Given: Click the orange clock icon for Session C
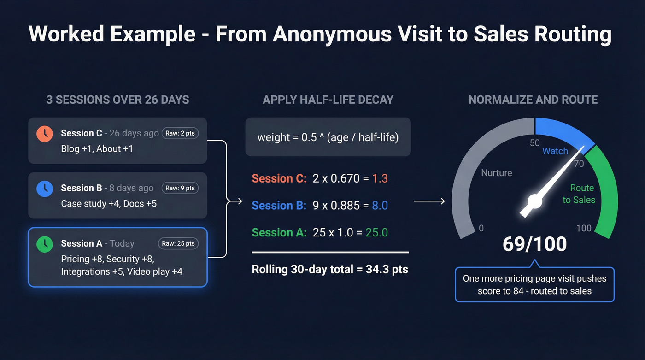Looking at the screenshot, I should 45,134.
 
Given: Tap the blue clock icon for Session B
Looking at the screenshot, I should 45,188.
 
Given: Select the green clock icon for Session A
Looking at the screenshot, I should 45,244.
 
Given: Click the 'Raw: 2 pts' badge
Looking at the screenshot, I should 180,134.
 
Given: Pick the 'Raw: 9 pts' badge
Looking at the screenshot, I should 180,188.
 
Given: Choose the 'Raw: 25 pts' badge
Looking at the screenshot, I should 178,243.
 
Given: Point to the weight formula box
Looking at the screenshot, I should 328,137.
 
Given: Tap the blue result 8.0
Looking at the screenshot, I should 380,206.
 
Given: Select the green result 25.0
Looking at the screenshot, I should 376,233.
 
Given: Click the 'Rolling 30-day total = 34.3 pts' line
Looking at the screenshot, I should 330,269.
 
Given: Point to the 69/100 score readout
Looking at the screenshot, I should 534,244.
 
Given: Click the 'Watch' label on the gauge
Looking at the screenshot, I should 555,151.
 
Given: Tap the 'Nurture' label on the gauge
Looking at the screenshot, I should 497,173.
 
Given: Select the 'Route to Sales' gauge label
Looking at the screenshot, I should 579,194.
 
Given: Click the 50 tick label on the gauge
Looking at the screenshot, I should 535,143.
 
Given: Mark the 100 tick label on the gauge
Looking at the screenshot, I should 584,228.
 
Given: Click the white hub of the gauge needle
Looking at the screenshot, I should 534,201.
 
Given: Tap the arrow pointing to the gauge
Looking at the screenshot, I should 429,201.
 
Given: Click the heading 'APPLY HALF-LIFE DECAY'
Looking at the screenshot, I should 328,100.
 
